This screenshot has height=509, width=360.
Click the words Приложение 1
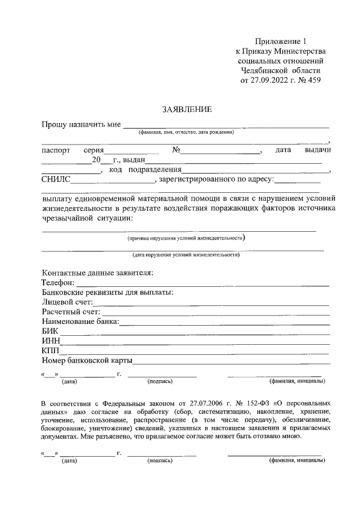(x=281, y=42)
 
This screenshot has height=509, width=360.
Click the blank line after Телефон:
(x=202, y=284)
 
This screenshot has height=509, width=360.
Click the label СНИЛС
(x=56, y=179)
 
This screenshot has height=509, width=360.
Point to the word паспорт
(x=56, y=150)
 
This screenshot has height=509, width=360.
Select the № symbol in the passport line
(x=176, y=150)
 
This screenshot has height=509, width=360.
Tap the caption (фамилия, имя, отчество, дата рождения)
(x=186, y=132)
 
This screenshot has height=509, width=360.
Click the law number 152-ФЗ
(x=250, y=404)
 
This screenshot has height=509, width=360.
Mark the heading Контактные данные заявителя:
(x=97, y=273)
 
